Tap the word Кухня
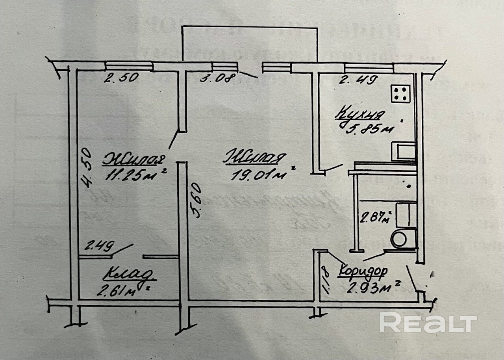[x=359, y=114]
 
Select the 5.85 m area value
[x=365, y=129]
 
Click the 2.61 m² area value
[x=120, y=291]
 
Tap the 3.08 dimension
[x=217, y=78]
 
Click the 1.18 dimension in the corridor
[x=325, y=280]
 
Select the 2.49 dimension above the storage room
[x=99, y=247]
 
